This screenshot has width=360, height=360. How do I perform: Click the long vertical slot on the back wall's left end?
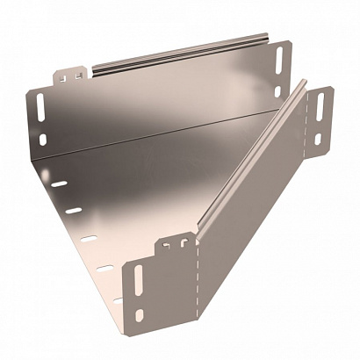(x=41, y=107)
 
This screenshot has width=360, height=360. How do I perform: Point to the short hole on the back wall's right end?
(x=278, y=90)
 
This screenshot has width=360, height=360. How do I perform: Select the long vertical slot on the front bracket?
(x=137, y=282)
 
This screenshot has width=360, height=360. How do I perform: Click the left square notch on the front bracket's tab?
(x=167, y=246)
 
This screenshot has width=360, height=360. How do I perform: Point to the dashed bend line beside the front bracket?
(x=198, y=281)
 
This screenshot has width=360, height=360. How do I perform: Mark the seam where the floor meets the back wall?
(x=158, y=132)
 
